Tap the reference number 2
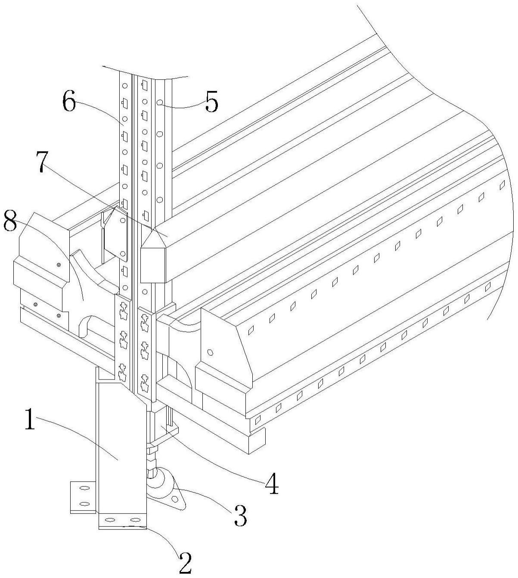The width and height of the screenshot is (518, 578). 185,562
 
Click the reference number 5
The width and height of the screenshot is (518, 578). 211,102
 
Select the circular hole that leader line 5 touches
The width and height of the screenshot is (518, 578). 160,103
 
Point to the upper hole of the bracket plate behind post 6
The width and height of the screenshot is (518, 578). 123,220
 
